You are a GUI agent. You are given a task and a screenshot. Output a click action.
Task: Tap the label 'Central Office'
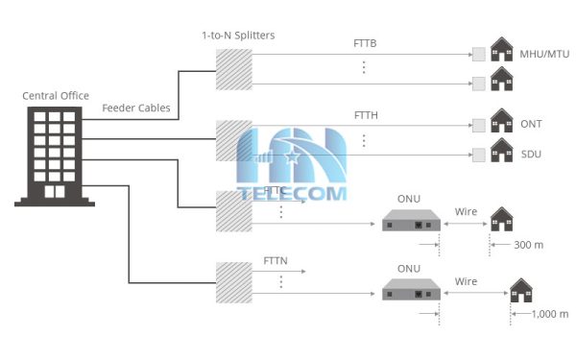pos(57,95)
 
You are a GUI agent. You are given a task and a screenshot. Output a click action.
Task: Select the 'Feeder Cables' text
pos(136,108)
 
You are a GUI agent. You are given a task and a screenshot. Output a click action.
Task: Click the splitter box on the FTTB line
pos(233,67)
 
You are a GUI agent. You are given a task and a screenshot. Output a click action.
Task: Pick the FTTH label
pos(367,116)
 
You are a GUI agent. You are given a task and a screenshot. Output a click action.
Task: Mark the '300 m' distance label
pos(529,245)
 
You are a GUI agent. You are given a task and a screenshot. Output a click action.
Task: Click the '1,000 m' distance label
pos(549,314)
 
